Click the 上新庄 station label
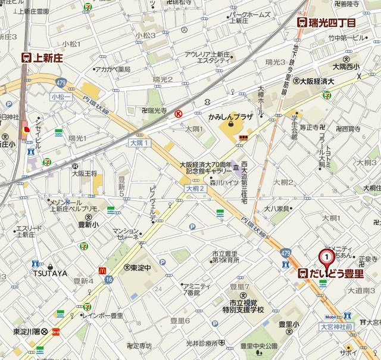(x=42, y=58)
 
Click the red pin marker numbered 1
(x=327, y=257)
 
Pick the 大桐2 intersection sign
(x=194, y=188)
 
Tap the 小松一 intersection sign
(x=60, y=96)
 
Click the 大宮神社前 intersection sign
(x=336, y=326)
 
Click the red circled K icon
(x=177, y=113)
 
